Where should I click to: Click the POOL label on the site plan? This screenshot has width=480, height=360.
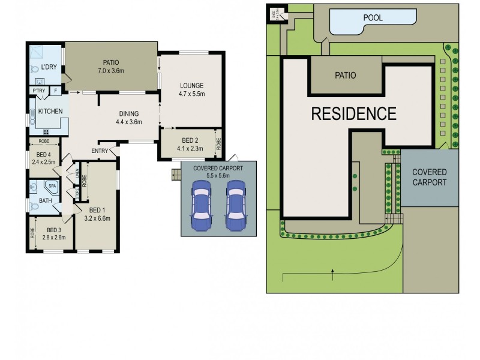pos(373,18)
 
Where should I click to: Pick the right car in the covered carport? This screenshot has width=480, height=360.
pos(236,206)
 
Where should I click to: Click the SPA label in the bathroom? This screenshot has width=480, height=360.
pos(52,187)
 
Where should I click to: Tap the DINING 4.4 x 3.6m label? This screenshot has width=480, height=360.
pos(128,116)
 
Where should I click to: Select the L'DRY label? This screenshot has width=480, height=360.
pos(50,67)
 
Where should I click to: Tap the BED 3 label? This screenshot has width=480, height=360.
pos(54,230)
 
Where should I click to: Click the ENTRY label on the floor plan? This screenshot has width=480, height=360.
pos(100,151)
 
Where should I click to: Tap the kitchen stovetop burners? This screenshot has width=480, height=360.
pos(46,132)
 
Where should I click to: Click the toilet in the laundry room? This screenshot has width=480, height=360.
pos(34,69)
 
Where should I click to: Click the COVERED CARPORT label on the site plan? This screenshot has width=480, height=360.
pos(429,177)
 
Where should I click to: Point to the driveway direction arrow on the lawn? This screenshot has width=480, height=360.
pos(332,274)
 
